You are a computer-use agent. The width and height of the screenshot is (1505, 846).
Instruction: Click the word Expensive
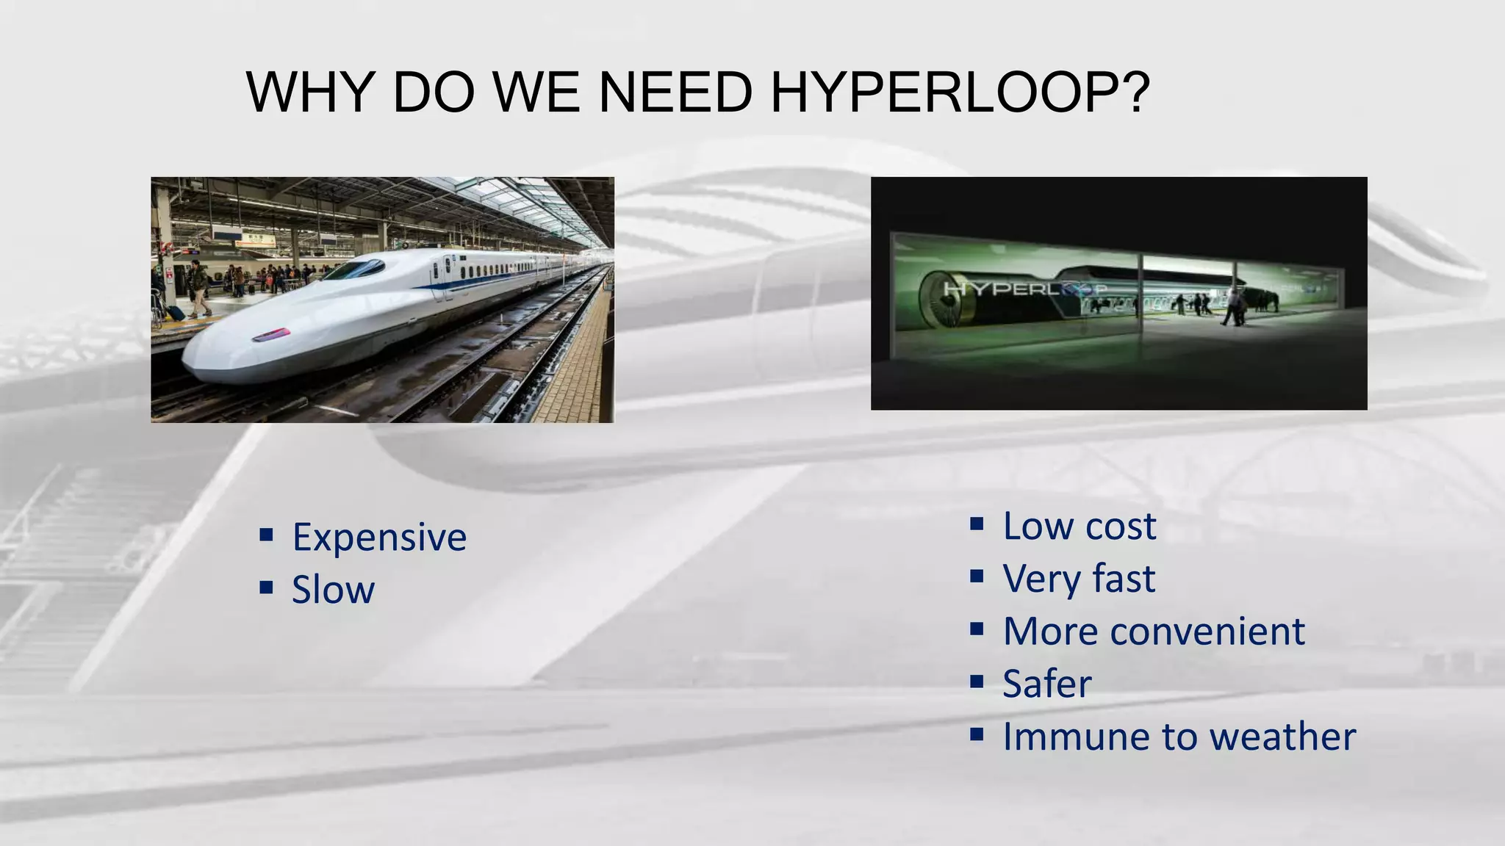click(379, 538)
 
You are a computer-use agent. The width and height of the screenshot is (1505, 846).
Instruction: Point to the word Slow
click(333, 590)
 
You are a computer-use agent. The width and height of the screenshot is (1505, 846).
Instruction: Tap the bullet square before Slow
click(266, 587)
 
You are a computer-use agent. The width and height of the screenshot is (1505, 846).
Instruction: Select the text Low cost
click(1079, 527)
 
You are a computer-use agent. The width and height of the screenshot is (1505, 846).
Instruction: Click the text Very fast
click(1079, 579)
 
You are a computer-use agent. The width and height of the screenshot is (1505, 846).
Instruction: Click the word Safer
click(1047, 684)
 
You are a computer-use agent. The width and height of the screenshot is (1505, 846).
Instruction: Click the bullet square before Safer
click(977, 682)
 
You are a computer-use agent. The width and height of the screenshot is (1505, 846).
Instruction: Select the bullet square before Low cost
click(977, 524)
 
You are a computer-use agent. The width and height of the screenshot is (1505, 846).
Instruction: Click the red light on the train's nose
click(270, 336)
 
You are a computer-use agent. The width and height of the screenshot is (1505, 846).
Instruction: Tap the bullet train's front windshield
click(354, 270)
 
